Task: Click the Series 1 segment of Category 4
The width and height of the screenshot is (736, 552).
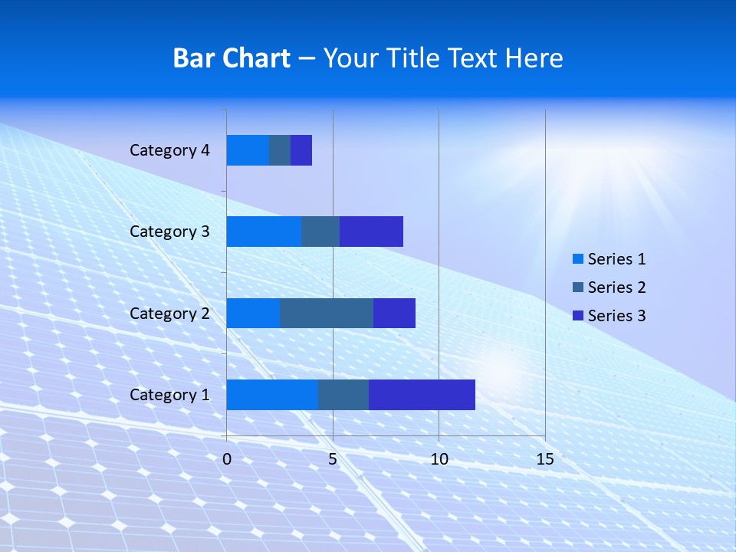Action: click(248, 150)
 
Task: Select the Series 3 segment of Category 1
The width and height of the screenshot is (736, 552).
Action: click(422, 395)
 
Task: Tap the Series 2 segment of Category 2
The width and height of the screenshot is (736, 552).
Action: click(327, 314)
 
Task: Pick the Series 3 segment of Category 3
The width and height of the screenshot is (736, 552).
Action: click(371, 232)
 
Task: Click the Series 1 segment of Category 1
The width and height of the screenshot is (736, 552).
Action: click(272, 395)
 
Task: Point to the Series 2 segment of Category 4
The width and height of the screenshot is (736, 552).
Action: click(280, 150)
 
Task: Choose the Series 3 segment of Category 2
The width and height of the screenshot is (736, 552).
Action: click(394, 314)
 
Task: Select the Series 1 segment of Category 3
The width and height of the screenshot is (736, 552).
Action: click(264, 232)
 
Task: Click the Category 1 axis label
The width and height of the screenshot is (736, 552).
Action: click(169, 395)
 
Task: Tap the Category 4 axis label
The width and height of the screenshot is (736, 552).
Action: click(169, 150)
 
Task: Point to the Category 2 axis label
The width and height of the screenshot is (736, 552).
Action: click(169, 314)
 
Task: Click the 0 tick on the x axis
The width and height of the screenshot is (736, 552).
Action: click(227, 459)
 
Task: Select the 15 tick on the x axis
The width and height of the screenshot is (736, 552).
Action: click(545, 459)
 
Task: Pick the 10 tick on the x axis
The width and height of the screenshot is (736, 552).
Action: click(439, 459)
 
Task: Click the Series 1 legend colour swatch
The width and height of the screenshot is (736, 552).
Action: click(577, 259)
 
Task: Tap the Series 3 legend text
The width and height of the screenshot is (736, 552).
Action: click(616, 316)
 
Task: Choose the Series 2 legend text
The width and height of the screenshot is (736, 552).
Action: click(616, 287)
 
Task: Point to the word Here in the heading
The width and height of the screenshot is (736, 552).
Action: click(536, 58)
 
